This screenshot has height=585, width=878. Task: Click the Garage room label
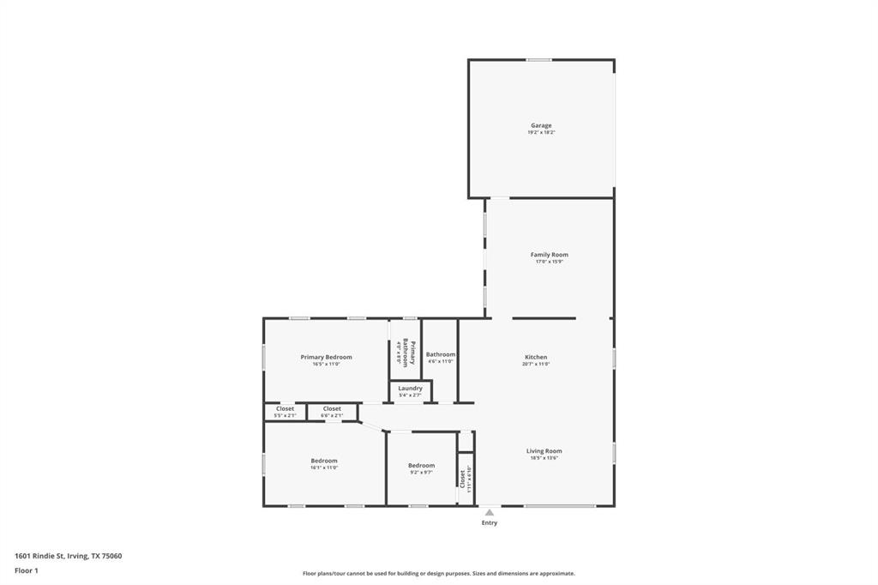pyautogui.click(x=540, y=125)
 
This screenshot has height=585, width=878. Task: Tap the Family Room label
pyautogui.click(x=549, y=255)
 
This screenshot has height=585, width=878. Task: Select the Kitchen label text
pyautogui.click(x=536, y=357)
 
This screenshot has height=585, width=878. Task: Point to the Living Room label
pyautogui.click(x=544, y=451)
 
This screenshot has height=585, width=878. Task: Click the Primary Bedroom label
pyautogui.click(x=326, y=357)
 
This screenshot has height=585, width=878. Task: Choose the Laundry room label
pyautogui.click(x=410, y=389)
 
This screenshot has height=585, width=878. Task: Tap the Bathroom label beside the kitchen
pyautogui.click(x=441, y=354)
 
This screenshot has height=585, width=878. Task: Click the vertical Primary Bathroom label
pyautogui.click(x=412, y=354)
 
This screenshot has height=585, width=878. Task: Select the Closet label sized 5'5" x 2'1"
pyautogui.click(x=285, y=409)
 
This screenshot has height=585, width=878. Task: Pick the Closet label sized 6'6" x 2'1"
pyautogui.click(x=332, y=409)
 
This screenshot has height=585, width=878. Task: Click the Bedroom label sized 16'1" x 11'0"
pyautogui.click(x=324, y=461)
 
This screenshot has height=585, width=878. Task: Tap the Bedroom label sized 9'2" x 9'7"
pyautogui.click(x=421, y=466)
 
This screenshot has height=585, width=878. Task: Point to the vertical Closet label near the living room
pyautogui.click(x=463, y=479)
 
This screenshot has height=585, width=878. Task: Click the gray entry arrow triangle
pyautogui.click(x=489, y=513)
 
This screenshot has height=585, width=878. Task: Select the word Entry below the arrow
pyautogui.click(x=489, y=523)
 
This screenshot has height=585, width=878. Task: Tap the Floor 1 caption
pyautogui.click(x=27, y=570)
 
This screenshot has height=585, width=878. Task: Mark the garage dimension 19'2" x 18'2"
pyautogui.click(x=540, y=133)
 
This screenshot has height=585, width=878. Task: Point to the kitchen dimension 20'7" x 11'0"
pyautogui.click(x=536, y=364)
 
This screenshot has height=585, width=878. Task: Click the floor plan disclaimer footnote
pyautogui.click(x=438, y=573)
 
